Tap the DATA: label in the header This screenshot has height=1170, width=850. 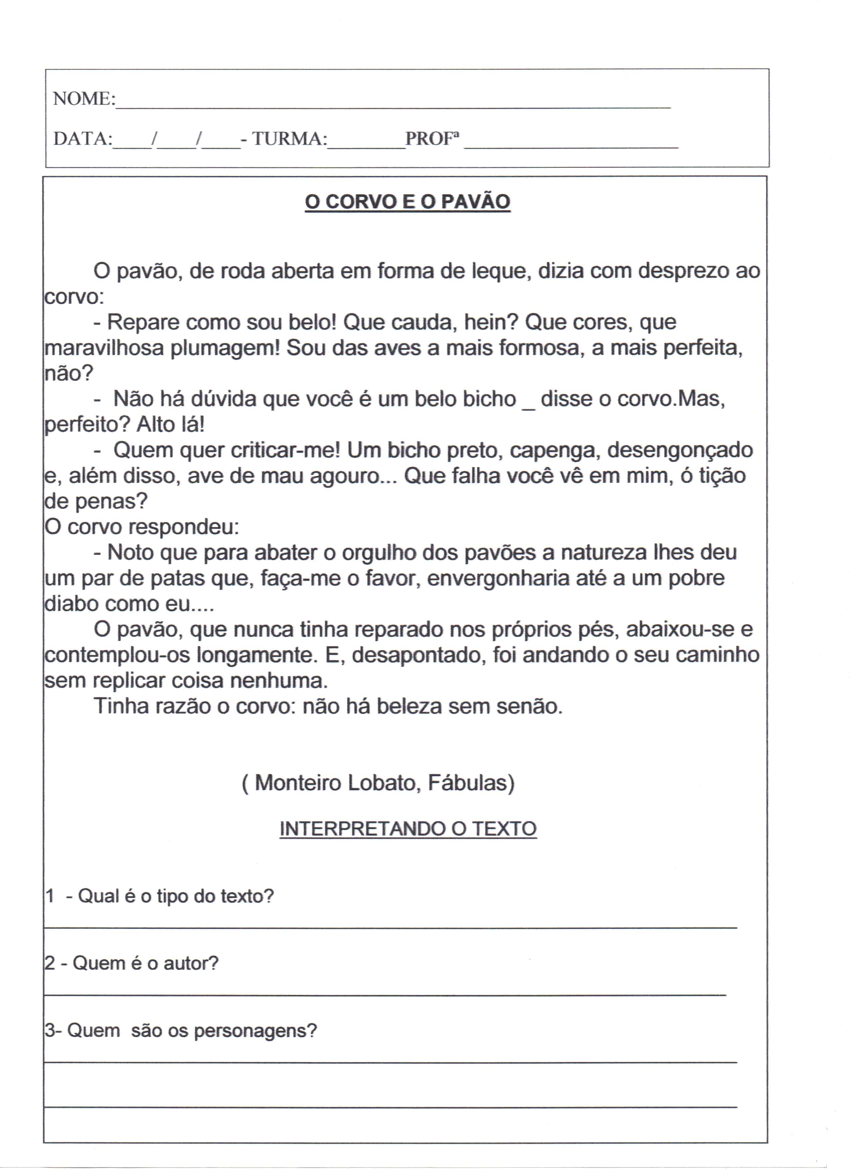tap(83, 138)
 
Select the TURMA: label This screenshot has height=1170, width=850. tap(289, 138)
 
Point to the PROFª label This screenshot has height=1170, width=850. tap(432, 138)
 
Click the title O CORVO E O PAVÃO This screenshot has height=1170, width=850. tap(407, 202)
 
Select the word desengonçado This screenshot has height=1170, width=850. tap(680, 451)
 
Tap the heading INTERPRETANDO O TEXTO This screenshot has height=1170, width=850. tap(408, 829)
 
